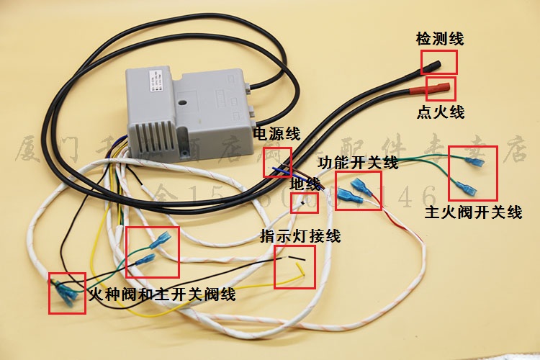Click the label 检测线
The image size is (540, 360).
(439, 38)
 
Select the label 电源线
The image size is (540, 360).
(276, 135)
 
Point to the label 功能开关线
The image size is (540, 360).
(358, 163)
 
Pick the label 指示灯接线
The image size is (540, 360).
(301, 236)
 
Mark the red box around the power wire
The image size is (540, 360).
(278, 162)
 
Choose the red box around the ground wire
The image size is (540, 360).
(302, 202)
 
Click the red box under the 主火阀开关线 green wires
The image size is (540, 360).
(473, 173)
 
